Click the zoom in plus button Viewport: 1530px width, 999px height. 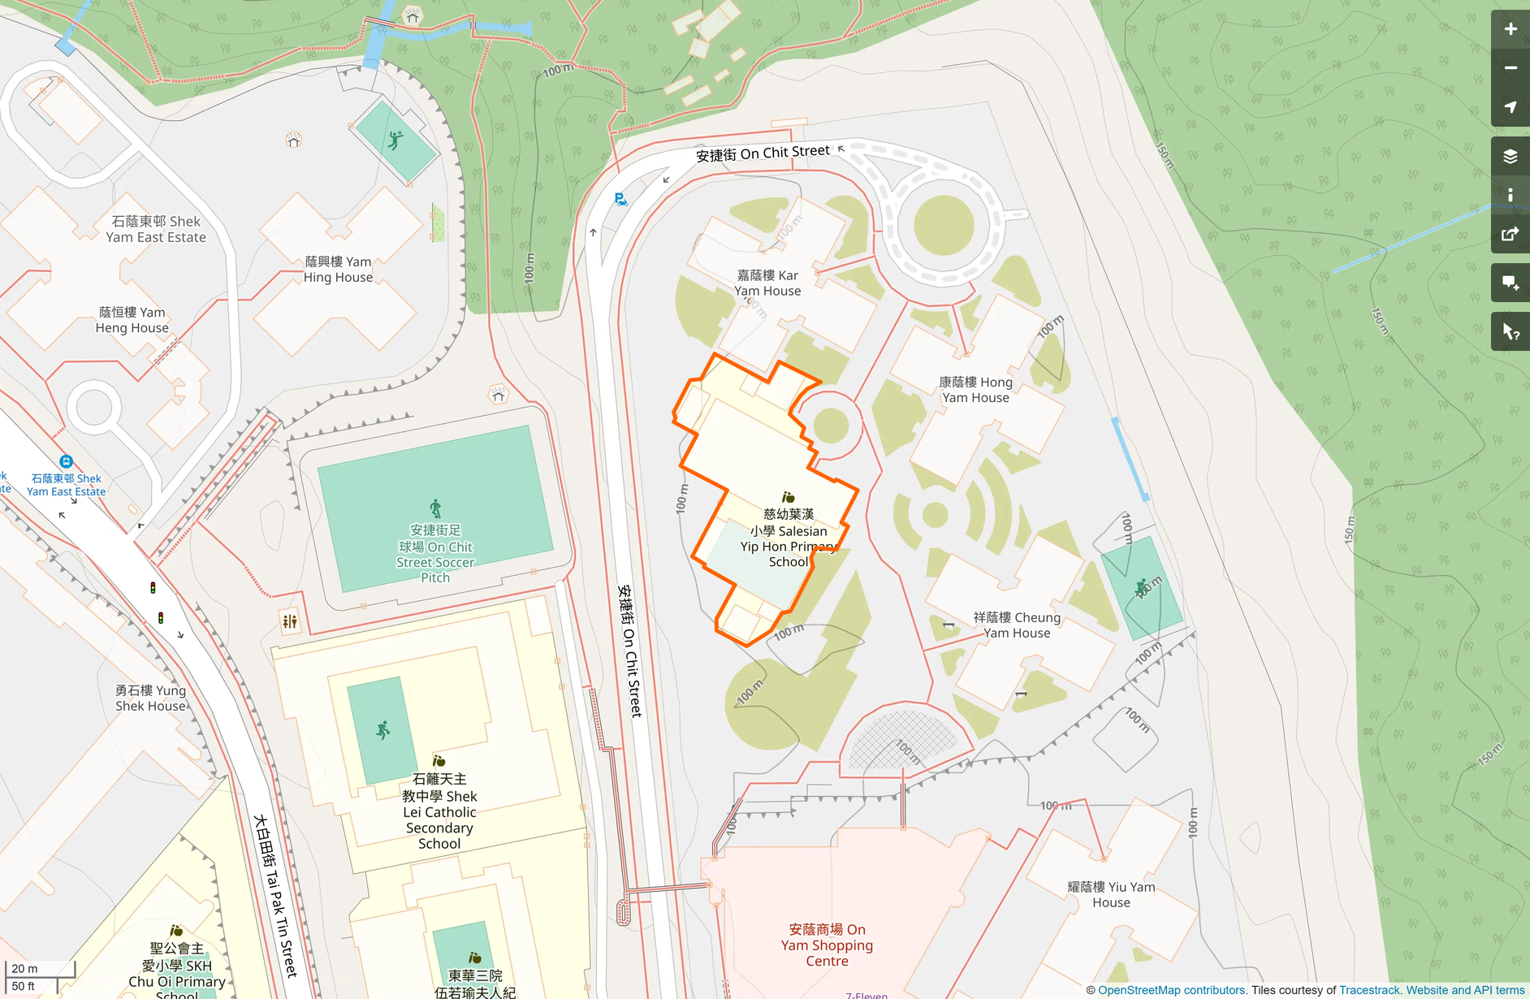click(x=1510, y=29)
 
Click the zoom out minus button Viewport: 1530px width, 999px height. click(x=1510, y=68)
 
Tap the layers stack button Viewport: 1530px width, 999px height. click(x=1510, y=156)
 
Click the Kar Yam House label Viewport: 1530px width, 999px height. click(x=767, y=283)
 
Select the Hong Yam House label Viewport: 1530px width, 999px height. click(x=975, y=390)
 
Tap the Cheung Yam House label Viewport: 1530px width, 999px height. click(x=1017, y=625)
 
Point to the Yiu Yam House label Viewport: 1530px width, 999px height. click(x=1110, y=894)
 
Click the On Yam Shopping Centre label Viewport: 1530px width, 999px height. click(x=827, y=945)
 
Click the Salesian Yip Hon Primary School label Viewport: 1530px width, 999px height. click(x=788, y=538)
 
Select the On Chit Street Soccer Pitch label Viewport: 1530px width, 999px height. click(x=435, y=553)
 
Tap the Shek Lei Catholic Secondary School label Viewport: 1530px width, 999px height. click(x=439, y=811)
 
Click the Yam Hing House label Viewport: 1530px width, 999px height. click(x=338, y=269)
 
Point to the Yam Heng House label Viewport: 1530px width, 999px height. click(x=132, y=320)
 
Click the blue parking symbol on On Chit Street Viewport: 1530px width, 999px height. click(x=620, y=199)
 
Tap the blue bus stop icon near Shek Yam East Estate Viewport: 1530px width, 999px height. click(x=67, y=461)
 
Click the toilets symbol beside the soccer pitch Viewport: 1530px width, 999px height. click(x=290, y=622)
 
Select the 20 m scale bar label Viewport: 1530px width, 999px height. click(x=24, y=968)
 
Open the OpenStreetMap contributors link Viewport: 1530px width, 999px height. click(x=1171, y=990)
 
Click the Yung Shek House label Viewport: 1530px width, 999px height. click(x=150, y=698)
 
